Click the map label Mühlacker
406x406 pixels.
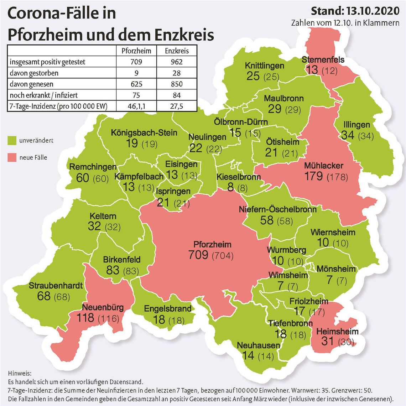coord(323,166)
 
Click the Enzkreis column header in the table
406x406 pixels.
coord(177,51)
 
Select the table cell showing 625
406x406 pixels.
coord(136,84)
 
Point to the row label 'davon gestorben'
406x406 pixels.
coord(34,73)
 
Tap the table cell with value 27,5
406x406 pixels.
coord(177,106)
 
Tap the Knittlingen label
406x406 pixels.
coord(264,66)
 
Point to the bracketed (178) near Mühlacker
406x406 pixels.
coord(337,176)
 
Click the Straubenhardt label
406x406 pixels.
coord(56,286)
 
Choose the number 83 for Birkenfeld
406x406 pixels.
coord(113,270)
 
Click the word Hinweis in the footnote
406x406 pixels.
coord(19,374)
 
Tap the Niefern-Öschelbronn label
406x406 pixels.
coord(278,209)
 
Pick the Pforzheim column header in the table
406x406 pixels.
coord(136,51)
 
